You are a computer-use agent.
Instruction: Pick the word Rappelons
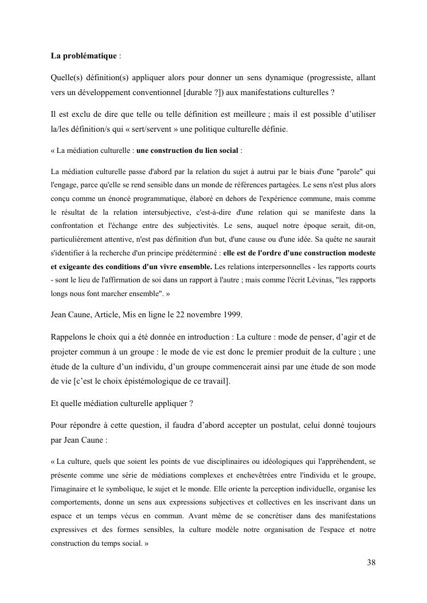[x=72, y=321]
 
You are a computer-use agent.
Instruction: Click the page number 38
[x=371, y=562]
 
